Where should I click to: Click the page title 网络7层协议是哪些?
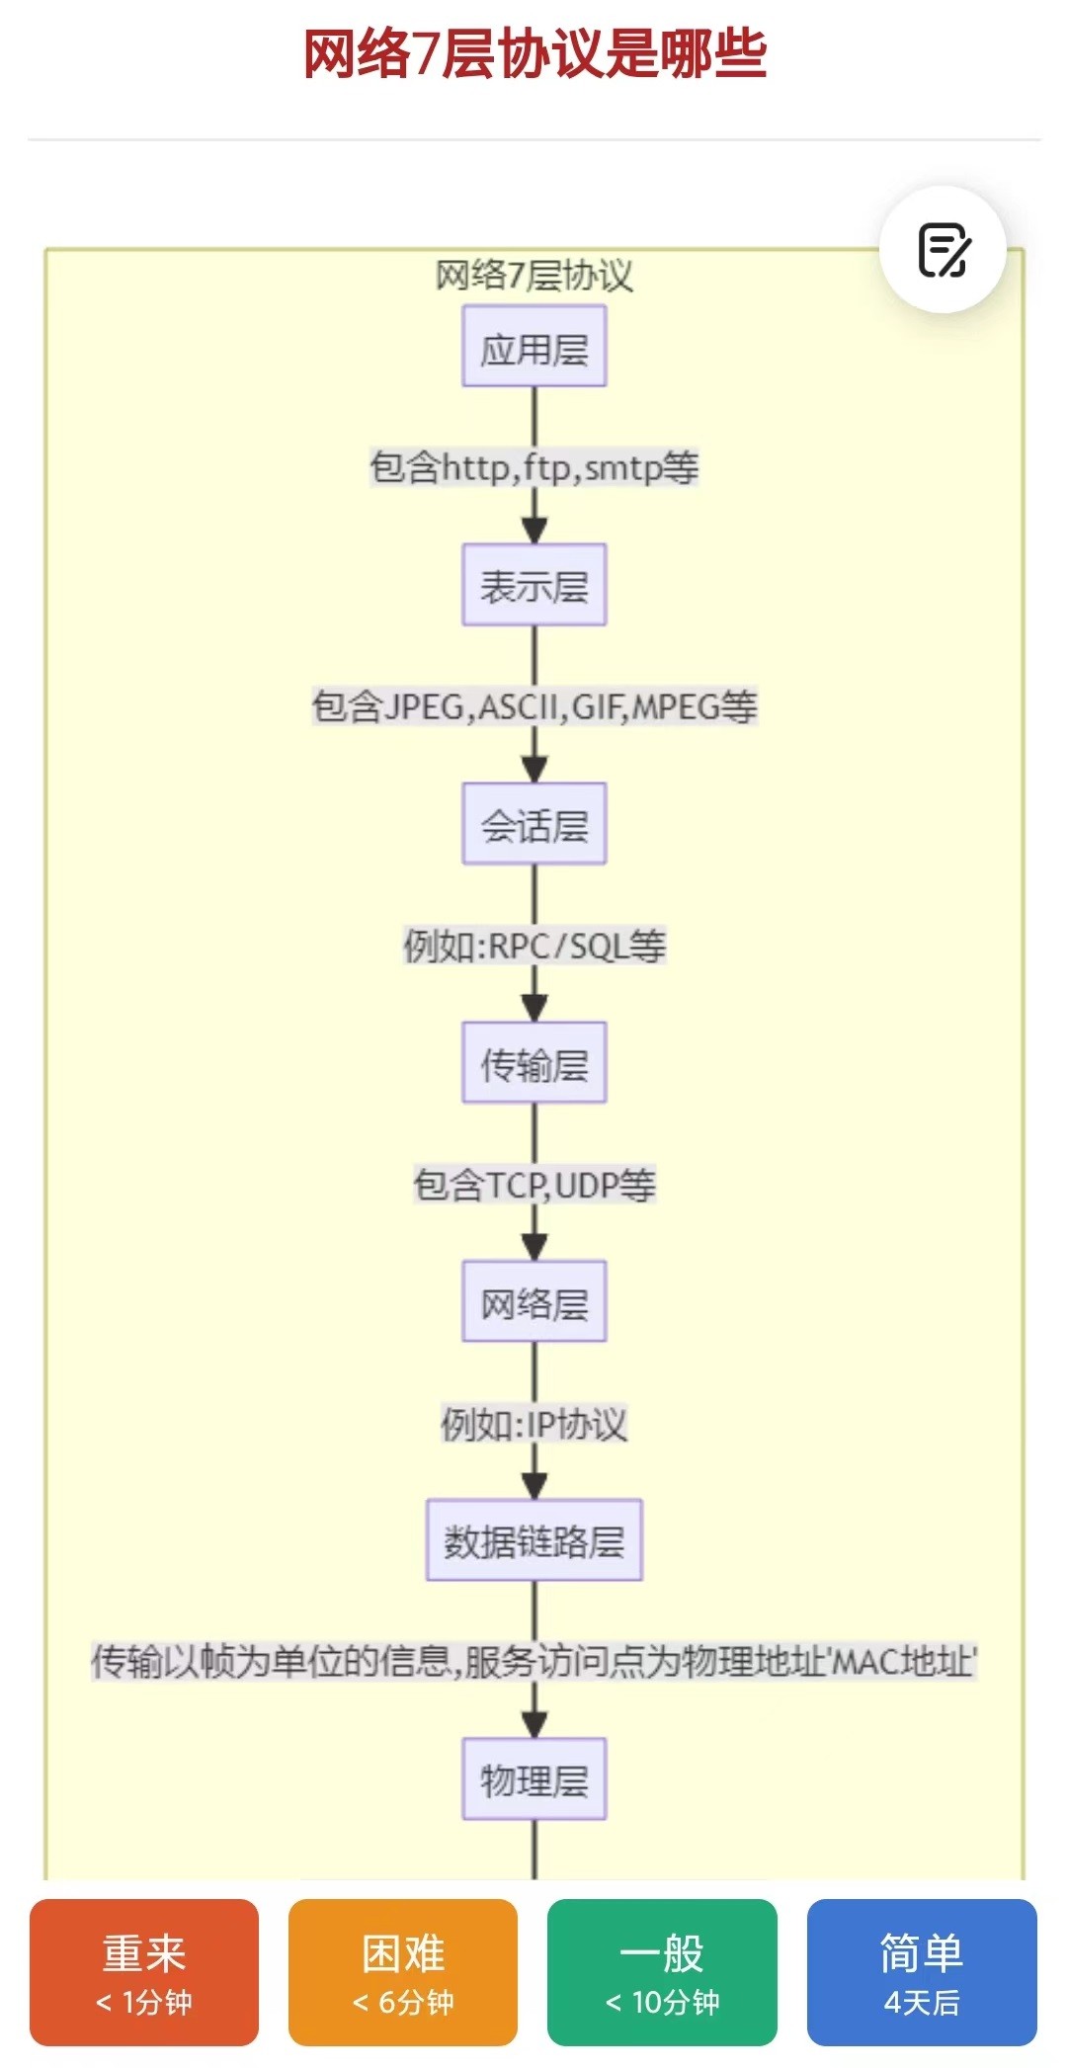(x=534, y=53)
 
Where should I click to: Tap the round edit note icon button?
(x=943, y=250)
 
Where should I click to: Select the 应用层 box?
(x=534, y=346)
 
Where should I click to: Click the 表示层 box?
(x=534, y=585)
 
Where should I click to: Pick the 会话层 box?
(x=534, y=824)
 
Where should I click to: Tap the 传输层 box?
(x=534, y=1063)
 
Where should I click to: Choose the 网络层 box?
(x=534, y=1301)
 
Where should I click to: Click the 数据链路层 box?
(x=534, y=1540)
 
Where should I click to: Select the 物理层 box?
(x=534, y=1779)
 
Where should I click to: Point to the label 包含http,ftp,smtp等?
(x=534, y=467)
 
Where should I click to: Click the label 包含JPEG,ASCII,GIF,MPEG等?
(x=534, y=706)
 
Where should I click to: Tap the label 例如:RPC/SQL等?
(x=534, y=946)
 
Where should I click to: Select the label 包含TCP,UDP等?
(x=534, y=1184)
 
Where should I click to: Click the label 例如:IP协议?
(x=534, y=1424)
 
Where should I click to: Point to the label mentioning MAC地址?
(x=534, y=1662)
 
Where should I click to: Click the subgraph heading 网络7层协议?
(x=534, y=276)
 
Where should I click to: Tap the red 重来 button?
(x=144, y=1972)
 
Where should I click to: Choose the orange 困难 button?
(x=403, y=1972)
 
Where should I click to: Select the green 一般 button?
(x=662, y=1972)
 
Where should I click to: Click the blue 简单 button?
(x=922, y=1972)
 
